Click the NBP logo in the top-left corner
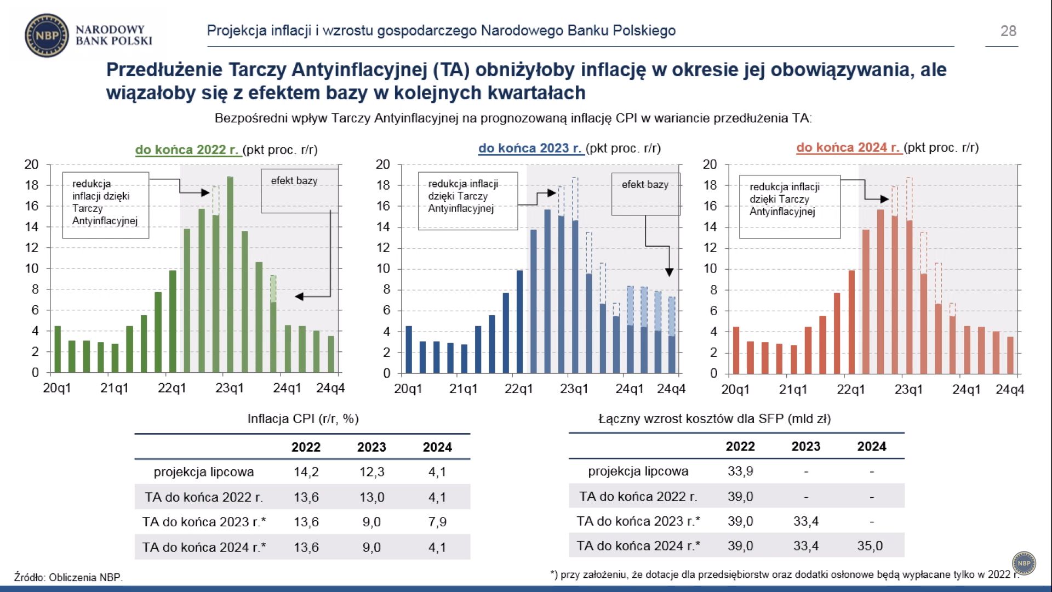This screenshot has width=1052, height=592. coord(47,36)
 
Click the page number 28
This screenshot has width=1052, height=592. coord(1008,31)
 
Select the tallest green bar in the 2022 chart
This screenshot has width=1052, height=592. coord(230,274)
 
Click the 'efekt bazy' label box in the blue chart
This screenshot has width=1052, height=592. coord(645,194)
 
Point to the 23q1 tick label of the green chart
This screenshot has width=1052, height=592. coord(229,388)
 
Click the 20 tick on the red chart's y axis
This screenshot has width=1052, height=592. coord(710,164)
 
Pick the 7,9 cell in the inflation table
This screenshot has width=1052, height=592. coord(437,522)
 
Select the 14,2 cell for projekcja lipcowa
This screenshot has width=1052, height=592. coord(306,472)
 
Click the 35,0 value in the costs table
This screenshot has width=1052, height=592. coord(870,546)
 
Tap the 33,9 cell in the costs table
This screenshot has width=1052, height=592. coord(740,471)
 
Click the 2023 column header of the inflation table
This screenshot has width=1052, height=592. coord(371,447)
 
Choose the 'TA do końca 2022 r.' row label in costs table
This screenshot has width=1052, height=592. coord(638,497)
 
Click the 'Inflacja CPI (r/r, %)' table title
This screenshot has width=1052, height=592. coord(303,419)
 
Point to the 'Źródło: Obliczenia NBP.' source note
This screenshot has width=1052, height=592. coord(68,577)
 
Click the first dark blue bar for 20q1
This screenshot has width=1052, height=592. coord(409,350)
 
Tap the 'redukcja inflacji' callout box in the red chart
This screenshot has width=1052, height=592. coord(789,207)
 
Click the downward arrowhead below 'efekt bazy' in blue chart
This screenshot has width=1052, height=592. coord(669,272)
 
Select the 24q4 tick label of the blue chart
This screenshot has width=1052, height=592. coord(671,389)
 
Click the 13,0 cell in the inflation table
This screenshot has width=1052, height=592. coord(371,497)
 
